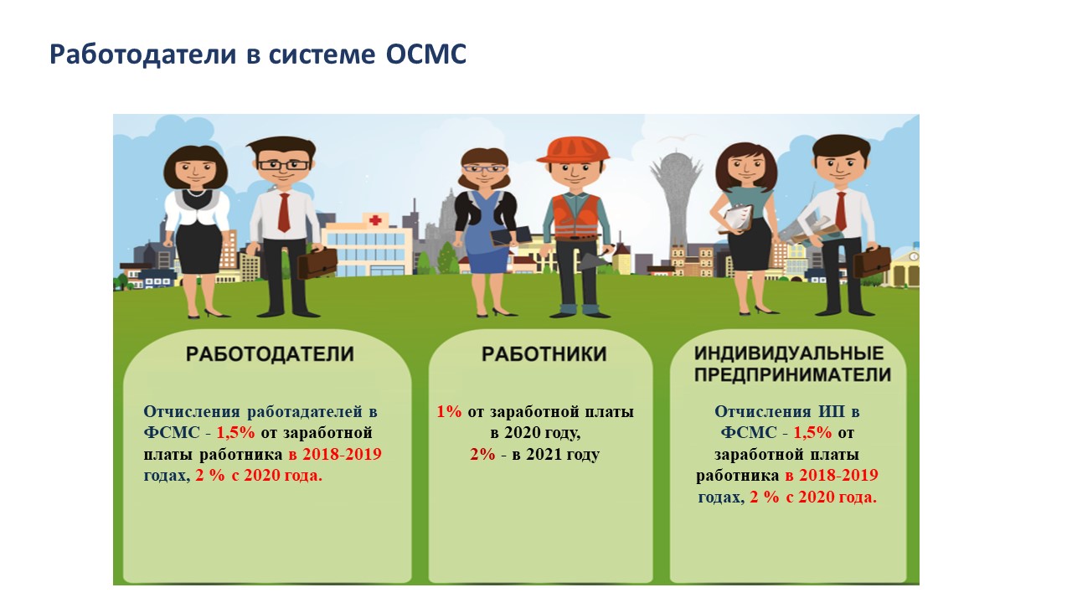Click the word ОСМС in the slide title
(x=426, y=54)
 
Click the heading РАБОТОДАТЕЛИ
(x=270, y=354)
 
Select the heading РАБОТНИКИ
(x=544, y=354)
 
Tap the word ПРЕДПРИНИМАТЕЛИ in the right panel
(x=792, y=374)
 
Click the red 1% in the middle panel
(x=449, y=411)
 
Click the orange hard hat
(x=574, y=150)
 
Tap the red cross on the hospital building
(x=375, y=219)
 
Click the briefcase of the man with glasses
(x=317, y=262)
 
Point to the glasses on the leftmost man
(x=283, y=165)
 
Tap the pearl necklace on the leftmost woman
(x=197, y=193)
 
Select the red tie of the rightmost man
(x=841, y=210)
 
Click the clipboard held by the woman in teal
(x=739, y=219)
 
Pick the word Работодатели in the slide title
(x=142, y=54)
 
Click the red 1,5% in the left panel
(x=236, y=433)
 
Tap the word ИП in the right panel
(x=828, y=411)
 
